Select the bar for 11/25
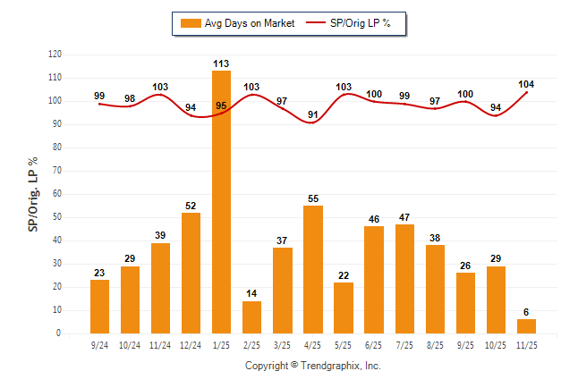click(x=526, y=326)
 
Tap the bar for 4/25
click(x=313, y=269)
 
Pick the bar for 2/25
click(x=251, y=317)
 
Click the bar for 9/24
click(x=99, y=307)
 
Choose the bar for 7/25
click(x=404, y=278)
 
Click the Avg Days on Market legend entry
click(x=236, y=23)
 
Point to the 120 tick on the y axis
click(x=55, y=55)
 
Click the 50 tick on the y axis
click(x=57, y=217)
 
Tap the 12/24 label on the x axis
click(x=191, y=345)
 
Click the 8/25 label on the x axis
click(x=435, y=345)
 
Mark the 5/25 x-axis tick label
click(x=344, y=345)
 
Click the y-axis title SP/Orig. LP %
click(x=33, y=194)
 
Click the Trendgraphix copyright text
click(x=313, y=366)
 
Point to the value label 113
click(x=222, y=63)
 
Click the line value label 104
click(x=527, y=83)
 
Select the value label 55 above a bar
click(x=313, y=198)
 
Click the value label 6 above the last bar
click(x=526, y=312)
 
